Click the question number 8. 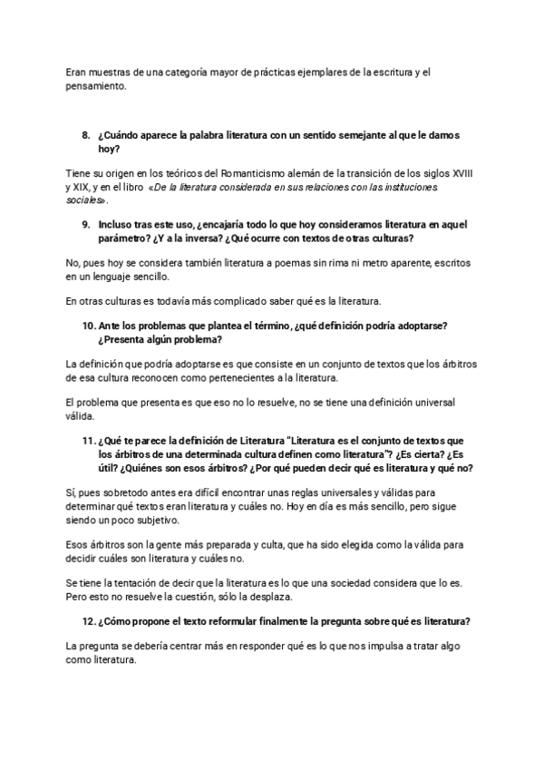tap(86, 135)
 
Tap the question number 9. tap(86, 223)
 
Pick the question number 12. tap(89, 621)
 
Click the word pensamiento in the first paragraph tap(98, 86)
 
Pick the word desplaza tap(295, 599)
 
